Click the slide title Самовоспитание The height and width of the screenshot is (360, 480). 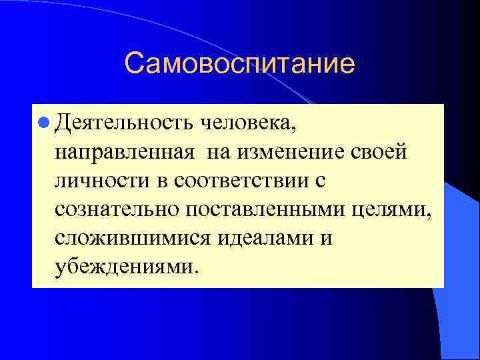[x=239, y=64]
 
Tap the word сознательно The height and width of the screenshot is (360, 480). [x=117, y=210]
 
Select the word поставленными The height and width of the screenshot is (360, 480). [x=264, y=210]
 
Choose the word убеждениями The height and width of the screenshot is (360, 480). [x=125, y=267]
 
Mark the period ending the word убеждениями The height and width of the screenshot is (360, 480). [x=196, y=273]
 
